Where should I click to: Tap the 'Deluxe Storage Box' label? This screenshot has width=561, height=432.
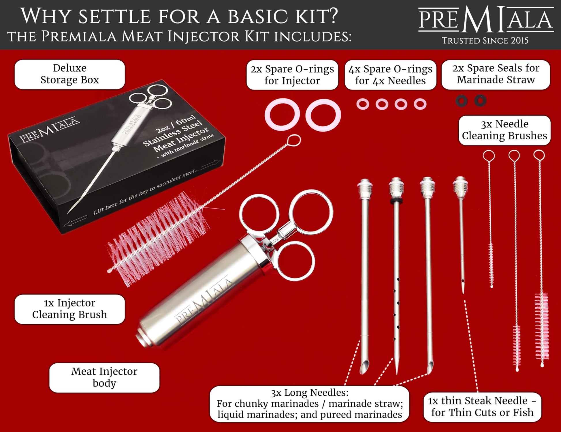70,74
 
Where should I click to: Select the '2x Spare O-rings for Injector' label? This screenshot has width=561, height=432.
292,75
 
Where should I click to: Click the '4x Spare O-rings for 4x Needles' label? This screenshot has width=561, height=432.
390,75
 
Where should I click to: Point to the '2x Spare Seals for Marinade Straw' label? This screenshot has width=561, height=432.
496,74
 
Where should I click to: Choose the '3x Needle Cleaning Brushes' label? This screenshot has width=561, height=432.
504,130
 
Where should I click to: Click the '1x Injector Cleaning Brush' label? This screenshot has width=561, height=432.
70,309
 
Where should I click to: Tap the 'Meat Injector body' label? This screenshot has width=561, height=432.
104,377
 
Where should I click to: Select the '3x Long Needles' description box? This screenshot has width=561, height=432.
309,403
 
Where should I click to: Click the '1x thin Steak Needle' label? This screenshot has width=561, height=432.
482,407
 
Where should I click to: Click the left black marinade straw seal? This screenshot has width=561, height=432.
461,101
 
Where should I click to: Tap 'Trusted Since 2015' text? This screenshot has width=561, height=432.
485,40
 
